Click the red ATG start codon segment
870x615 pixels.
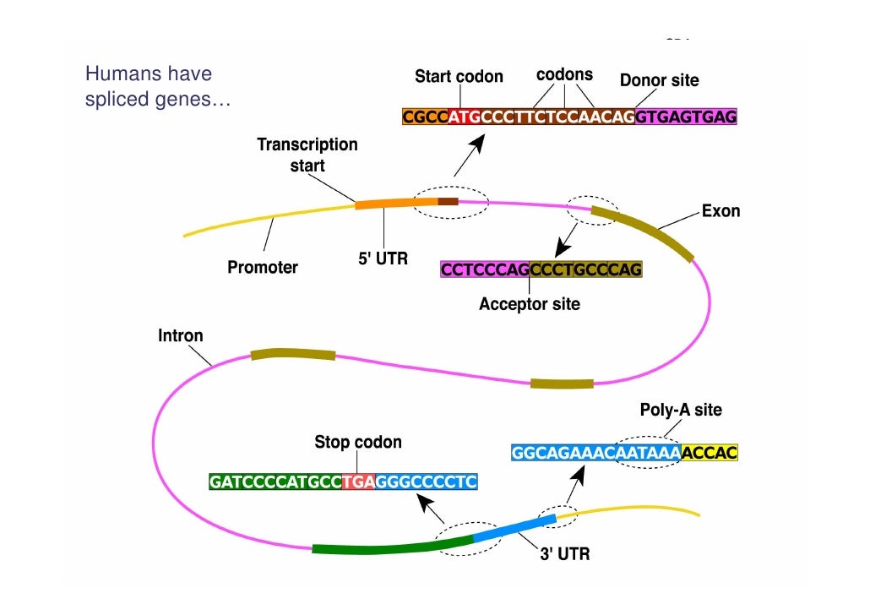pos(465,117)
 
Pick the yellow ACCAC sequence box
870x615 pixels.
pos(710,453)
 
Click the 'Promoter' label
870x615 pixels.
pos(263,268)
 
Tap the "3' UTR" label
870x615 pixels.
pos(565,555)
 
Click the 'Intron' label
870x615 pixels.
pos(181,335)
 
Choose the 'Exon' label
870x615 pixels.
pos(720,211)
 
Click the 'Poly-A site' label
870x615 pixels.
pos(681,411)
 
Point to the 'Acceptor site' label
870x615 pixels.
pos(530,304)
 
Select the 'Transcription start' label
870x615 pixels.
pos(307,155)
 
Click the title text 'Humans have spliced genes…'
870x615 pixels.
pos(157,87)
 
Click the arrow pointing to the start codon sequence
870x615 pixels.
pos(470,155)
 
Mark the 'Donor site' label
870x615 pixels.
pos(659,81)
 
